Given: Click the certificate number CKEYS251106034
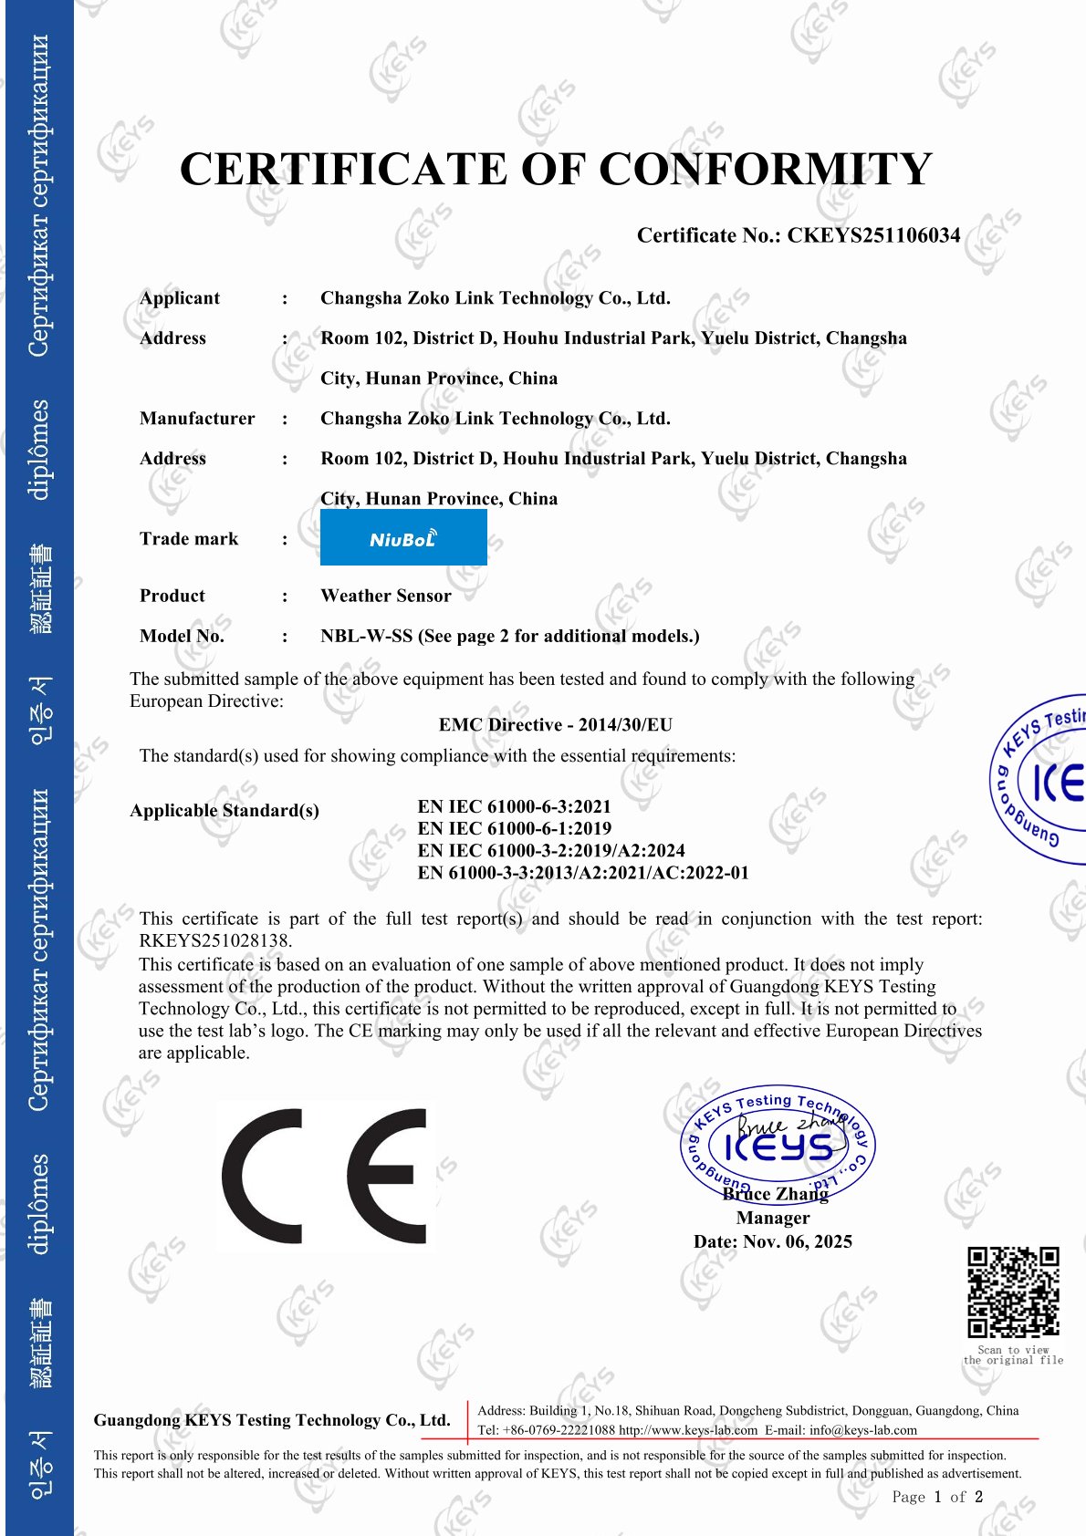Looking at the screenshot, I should [x=873, y=235].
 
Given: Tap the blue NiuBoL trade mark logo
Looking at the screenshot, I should [x=403, y=538].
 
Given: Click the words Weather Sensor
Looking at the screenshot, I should [x=386, y=596].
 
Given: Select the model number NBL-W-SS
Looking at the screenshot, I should [x=366, y=636].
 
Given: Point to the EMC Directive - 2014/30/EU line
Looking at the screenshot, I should [x=555, y=725].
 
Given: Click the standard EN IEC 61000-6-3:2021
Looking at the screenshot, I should [x=514, y=806].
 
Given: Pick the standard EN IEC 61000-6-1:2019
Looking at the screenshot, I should [x=514, y=828].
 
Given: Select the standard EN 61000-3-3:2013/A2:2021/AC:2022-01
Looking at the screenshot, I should [x=582, y=873].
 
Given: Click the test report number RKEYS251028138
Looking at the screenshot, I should [x=214, y=940].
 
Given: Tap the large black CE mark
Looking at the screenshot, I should [x=324, y=1177].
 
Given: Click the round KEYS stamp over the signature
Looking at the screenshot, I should [x=777, y=1146].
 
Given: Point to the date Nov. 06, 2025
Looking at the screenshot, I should [x=798, y=1241].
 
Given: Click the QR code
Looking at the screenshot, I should [x=1013, y=1292].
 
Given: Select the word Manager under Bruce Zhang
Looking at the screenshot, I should [x=772, y=1218].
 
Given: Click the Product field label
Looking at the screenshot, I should [x=172, y=596].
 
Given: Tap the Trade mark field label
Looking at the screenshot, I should [x=189, y=539].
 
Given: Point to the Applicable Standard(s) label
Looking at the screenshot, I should [x=225, y=810].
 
